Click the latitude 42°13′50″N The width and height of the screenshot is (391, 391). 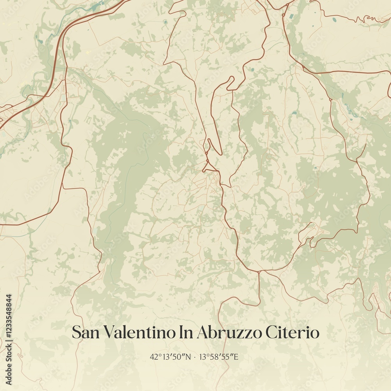tap(170, 357)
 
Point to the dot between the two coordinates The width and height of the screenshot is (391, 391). tap(194, 357)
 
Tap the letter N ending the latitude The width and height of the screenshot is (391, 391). tap(188, 357)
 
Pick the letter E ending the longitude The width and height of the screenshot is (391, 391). tap(236, 357)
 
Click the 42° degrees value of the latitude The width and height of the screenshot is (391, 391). tap(154, 357)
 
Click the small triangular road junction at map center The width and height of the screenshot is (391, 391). tap(209, 167)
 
